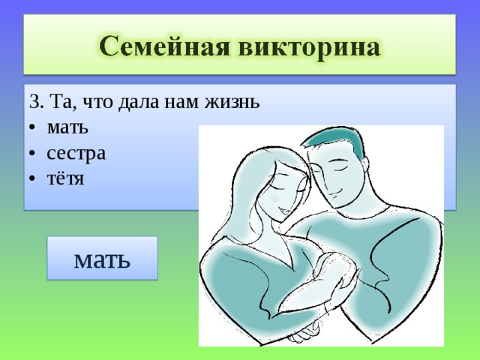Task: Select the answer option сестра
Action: point(75,153)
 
